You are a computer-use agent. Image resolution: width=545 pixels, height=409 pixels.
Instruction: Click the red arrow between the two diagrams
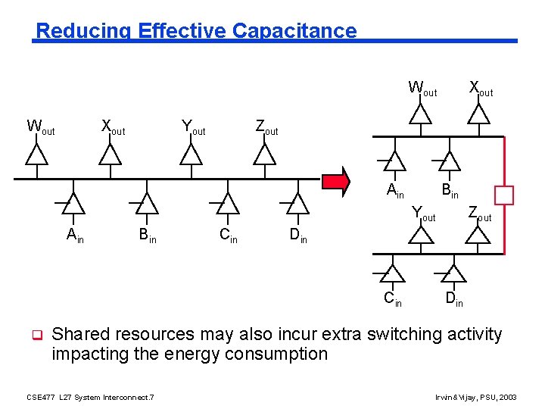336,181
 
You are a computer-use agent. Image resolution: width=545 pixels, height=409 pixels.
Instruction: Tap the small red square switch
504,195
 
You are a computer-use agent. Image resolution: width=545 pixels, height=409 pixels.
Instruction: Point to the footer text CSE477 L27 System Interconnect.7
90,397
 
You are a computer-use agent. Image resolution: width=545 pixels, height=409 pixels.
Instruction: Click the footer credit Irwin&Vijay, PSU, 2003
475,397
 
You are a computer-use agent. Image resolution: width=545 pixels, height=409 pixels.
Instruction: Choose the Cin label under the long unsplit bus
228,236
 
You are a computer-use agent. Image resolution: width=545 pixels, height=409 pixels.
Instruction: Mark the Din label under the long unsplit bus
298,236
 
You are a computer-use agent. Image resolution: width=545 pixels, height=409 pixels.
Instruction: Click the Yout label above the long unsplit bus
193,127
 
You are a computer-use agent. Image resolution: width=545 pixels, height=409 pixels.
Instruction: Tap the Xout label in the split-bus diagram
481,89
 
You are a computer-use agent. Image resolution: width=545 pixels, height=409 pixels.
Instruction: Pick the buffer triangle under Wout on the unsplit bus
36,154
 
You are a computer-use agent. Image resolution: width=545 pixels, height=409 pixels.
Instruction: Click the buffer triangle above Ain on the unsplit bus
73,203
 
